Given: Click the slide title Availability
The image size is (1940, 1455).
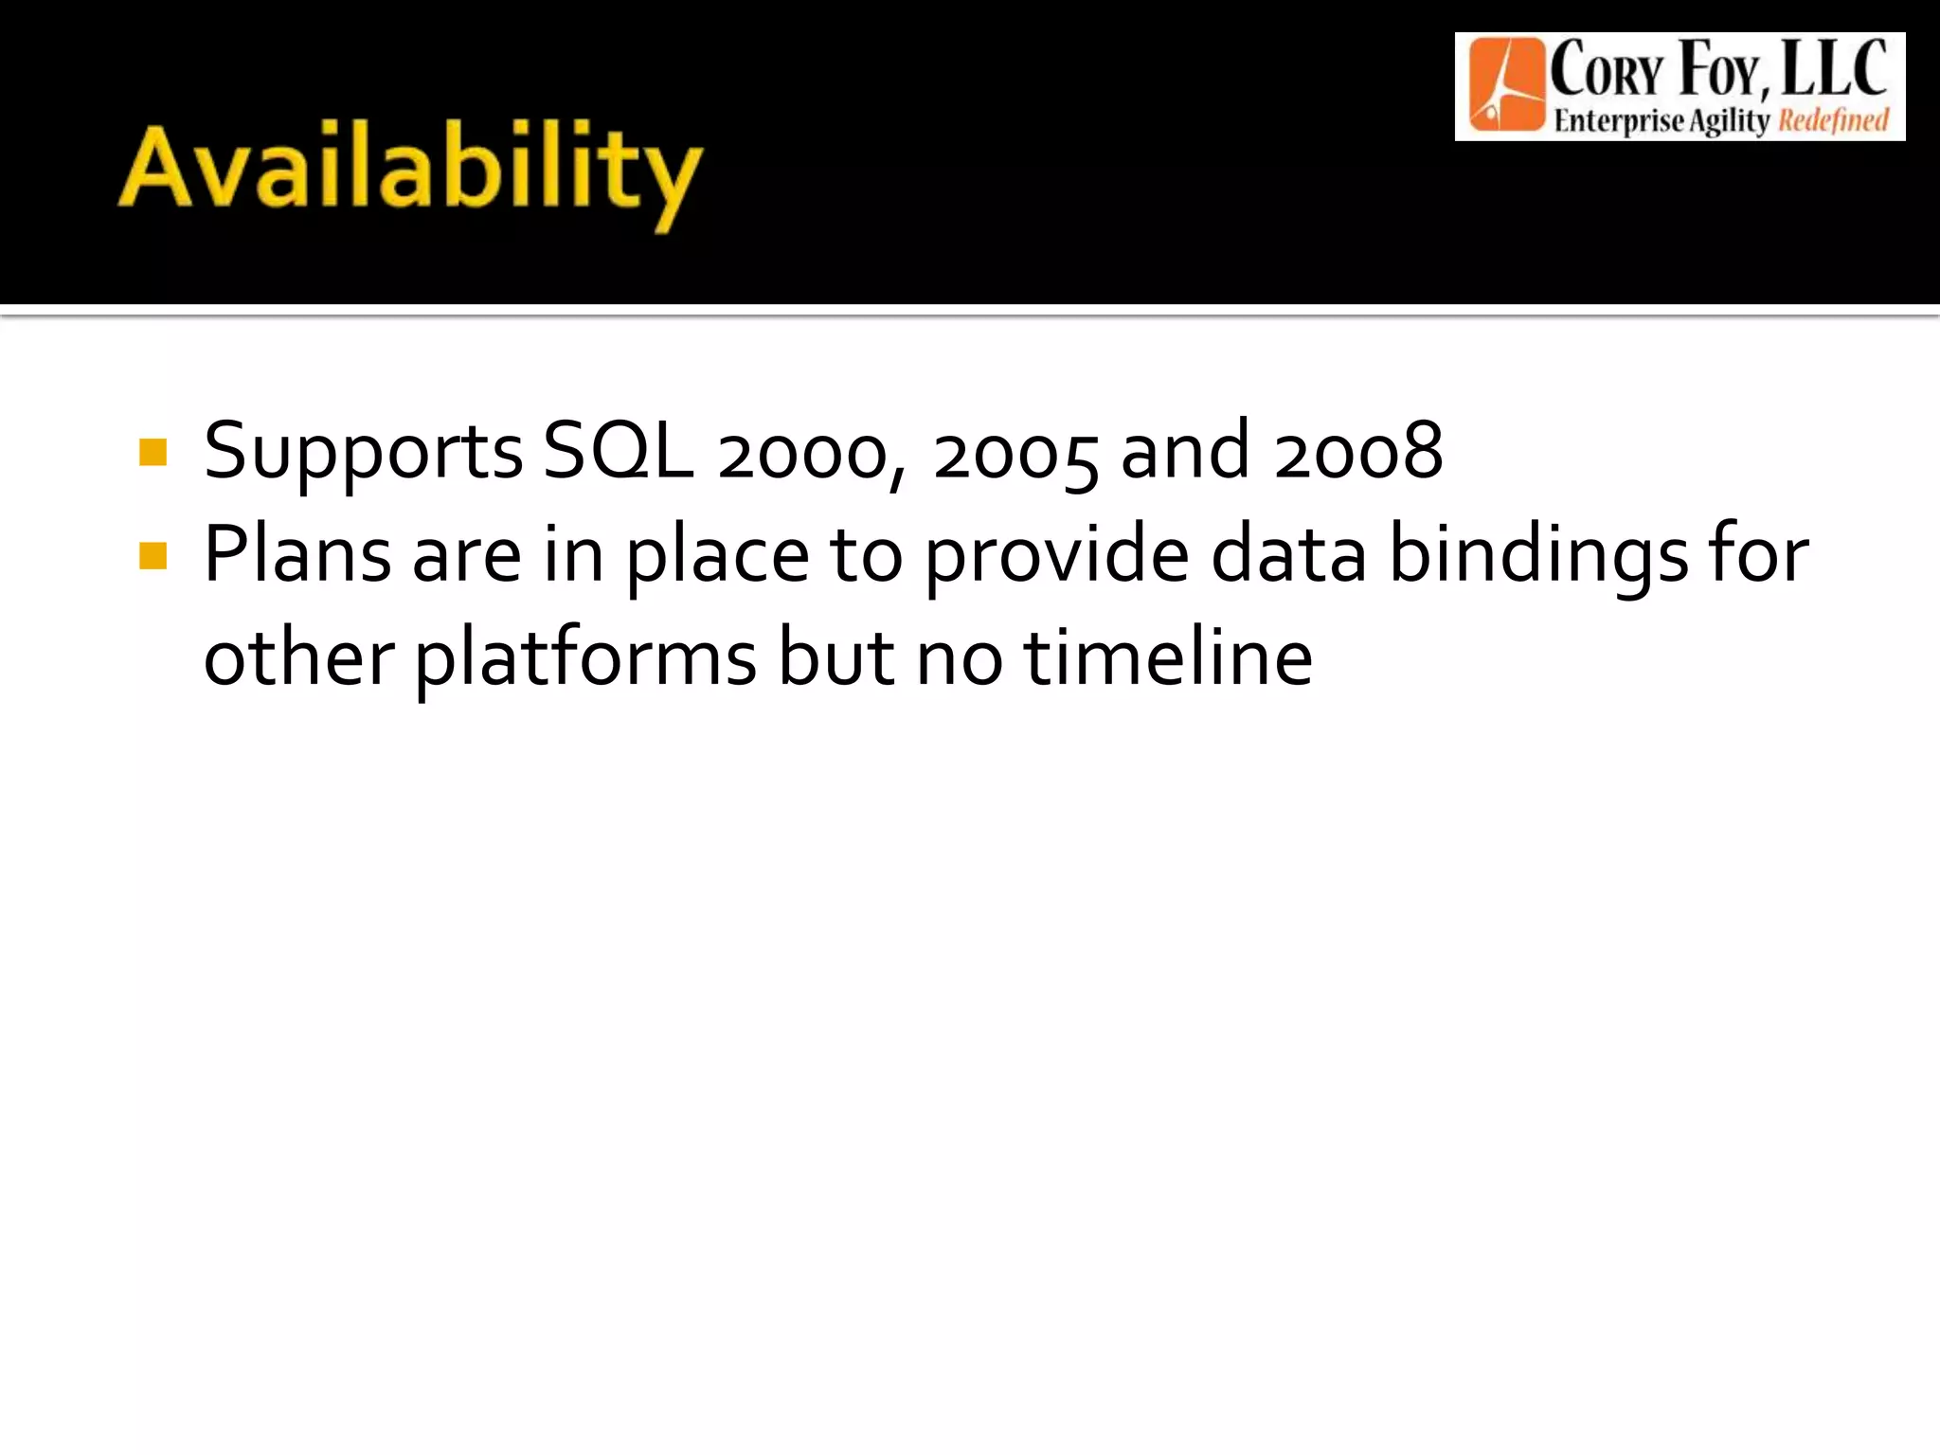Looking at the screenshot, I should (x=409, y=171).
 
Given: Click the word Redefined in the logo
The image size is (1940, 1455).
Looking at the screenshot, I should (x=1833, y=121).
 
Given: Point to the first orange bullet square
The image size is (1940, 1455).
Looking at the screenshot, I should (x=153, y=453).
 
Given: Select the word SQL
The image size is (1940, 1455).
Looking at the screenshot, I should (x=618, y=451).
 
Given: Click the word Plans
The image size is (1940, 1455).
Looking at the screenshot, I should (x=296, y=554).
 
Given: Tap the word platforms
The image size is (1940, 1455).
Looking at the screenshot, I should (x=584, y=659).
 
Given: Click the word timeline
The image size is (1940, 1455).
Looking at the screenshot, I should (x=1168, y=657).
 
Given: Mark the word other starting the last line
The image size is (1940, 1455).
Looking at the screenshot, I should (x=298, y=657).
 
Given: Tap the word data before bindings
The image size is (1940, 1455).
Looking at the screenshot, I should (x=1288, y=555).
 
